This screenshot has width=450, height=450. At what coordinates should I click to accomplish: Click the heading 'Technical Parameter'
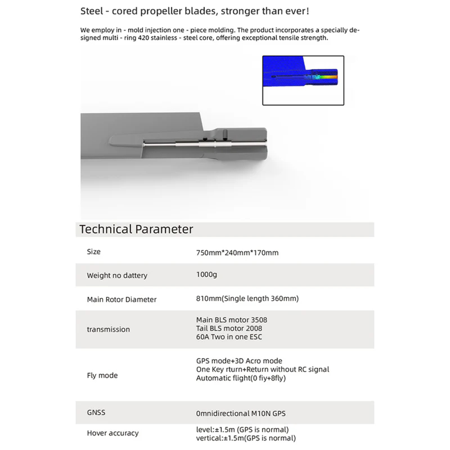click(136, 229)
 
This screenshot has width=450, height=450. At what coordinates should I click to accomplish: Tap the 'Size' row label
click(94, 252)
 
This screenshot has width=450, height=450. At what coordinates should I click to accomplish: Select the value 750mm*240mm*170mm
click(237, 252)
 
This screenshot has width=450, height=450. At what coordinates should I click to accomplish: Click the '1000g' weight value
click(207, 274)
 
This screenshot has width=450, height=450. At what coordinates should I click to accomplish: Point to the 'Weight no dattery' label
click(117, 275)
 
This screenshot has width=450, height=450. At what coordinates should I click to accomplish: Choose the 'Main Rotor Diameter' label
click(121, 299)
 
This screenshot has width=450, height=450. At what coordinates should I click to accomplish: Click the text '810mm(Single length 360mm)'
click(247, 298)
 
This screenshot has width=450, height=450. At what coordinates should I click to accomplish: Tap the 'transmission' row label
click(108, 329)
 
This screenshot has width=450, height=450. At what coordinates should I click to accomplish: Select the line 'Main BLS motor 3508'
click(231, 320)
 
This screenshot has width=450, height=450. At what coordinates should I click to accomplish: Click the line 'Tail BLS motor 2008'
click(229, 328)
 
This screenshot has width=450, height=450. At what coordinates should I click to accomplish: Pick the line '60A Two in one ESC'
click(229, 337)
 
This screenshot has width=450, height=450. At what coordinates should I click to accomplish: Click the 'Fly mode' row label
click(102, 375)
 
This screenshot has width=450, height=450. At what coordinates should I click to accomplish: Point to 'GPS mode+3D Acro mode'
click(239, 361)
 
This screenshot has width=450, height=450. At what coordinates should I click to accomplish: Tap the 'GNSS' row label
click(96, 412)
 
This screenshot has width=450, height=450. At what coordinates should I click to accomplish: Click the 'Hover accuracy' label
click(112, 433)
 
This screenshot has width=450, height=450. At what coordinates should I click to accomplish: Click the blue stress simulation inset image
click(303, 80)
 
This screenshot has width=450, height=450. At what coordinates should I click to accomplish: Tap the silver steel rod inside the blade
click(202, 144)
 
